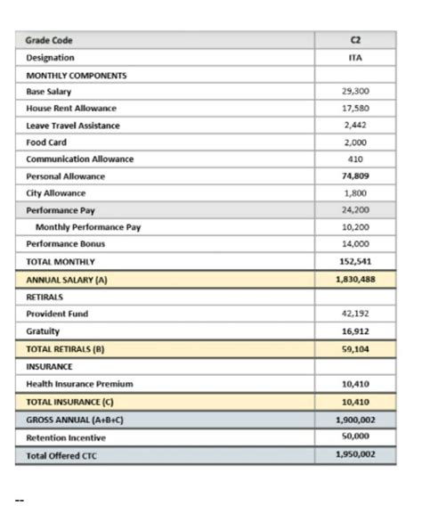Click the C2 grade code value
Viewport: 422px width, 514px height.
[355, 40]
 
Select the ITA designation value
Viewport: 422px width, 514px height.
[355, 57]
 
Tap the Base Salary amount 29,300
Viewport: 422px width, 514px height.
[355, 91]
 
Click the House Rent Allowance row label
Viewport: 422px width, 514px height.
[71, 108]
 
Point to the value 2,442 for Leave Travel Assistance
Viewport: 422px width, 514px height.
[355, 126]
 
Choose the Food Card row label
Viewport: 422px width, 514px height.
[46, 143]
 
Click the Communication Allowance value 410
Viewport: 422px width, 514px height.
[355, 159]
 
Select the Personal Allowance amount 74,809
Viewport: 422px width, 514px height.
[355, 176]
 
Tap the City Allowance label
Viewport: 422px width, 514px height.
[56, 193]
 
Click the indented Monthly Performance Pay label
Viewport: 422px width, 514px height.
[88, 227]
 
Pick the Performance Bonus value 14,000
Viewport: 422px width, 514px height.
[355, 244]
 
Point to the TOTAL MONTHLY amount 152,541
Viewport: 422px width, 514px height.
[355, 262]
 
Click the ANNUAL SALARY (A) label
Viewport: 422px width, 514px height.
[67, 279]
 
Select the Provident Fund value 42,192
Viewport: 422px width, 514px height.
[355, 314]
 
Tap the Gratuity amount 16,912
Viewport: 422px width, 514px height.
[355, 330]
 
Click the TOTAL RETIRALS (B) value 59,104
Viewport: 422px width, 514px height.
[355, 348]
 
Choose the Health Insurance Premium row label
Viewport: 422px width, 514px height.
[79, 383]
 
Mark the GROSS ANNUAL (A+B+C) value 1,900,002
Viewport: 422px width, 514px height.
[355, 419]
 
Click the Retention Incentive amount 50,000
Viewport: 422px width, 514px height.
[355, 436]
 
